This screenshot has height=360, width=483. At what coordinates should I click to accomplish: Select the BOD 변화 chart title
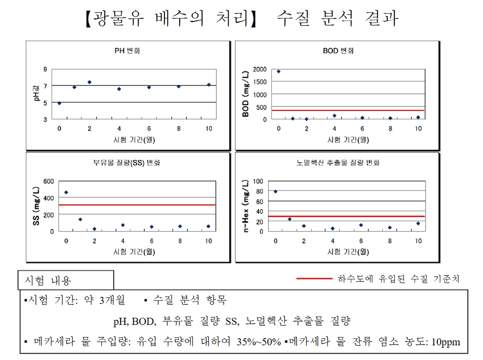(x=338, y=51)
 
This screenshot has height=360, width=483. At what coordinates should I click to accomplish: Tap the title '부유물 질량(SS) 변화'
(x=127, y=163)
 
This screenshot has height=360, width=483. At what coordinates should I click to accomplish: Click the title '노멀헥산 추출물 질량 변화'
(x=338, y=163)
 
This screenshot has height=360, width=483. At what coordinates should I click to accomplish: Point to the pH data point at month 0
(x=59, y=103)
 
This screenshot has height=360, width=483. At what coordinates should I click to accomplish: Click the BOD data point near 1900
(x=279, y=71)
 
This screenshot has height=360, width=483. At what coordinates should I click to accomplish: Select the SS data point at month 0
(x=66, y=192)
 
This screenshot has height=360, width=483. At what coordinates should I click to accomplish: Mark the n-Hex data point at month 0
(x=276, y=191)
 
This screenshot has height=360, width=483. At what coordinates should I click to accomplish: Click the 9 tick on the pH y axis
(x=44, y=69)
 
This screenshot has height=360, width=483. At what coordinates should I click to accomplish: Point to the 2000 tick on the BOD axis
(x=259, y=69)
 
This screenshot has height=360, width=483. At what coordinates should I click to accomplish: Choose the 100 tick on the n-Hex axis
(x=260, y=181)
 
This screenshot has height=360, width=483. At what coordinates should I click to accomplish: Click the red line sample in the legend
(x=314, y=279)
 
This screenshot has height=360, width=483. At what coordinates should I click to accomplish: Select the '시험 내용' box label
(x=48, y=281)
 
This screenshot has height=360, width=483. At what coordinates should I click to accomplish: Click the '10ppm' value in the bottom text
(x=446, y=342)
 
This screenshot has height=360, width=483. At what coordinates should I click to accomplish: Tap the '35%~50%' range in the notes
(x=259, y=342)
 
